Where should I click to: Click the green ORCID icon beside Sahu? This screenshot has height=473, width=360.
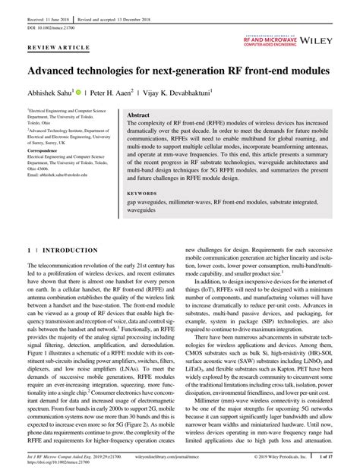click(78, 91)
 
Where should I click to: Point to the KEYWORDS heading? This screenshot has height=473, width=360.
click(144, 193)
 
